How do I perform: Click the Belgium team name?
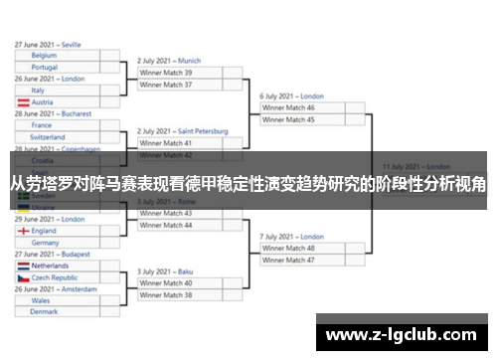pyautogui.click(x=45, y=56)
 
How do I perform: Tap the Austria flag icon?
pyautogui.click(x=23, y=102)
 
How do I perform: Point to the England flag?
pyautogui.click(x=23, y=231)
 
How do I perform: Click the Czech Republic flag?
pyautogui.click(x=23, y=278)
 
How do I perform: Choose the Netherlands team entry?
pyautogui.click(x=51, y=267)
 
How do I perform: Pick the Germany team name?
pyautogui.click(x=46, y=243)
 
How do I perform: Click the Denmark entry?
pyautogui.click(x=45, y=311)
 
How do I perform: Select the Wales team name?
pyautogui.click(x=41, y=299)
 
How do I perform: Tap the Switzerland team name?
pyautogui.click(x=49, y=137)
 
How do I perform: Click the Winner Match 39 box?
pyautogui.click(x=166, y=73)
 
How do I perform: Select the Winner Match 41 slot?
pyautogui.click(x=166, y=143)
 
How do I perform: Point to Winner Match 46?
pyautogui.click(x=288, y=107)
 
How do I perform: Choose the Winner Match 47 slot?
pyautogui.click(x=288, y=260)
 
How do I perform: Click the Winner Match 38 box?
pyautogui.click(x=166, y=295)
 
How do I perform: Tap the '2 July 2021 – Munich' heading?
pyautogui.click(x=169, y=61)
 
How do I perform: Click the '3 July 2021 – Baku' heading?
pyautogui.click(x=165, y=271)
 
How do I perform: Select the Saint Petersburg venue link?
pyautogui.click(x=204, y=131)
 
